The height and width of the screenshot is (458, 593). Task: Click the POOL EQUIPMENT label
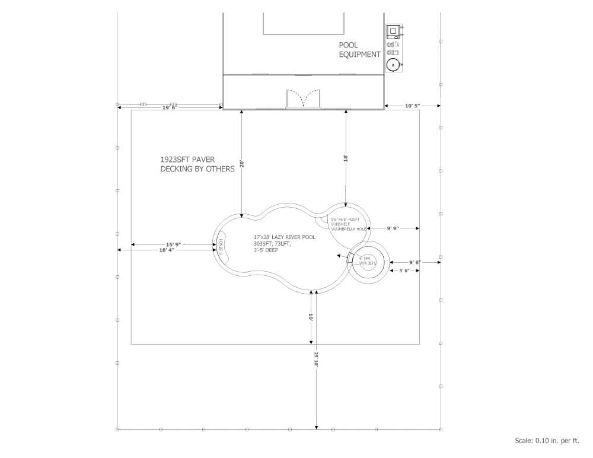point(359,50)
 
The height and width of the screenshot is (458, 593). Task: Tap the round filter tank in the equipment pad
point(393,65)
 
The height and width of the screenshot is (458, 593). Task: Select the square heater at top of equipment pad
point(393,31)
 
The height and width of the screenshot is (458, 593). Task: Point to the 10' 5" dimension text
point(412,106)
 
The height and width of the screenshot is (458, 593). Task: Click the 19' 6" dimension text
point(170,107)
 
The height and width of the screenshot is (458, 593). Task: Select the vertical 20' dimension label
point(241,163)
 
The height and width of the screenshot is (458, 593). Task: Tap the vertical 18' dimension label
point(345,158)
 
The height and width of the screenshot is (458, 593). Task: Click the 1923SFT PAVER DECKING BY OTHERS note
point(197,164)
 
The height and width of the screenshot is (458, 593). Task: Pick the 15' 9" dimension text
point(173,244)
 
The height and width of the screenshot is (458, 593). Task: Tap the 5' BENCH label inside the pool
point(221,245)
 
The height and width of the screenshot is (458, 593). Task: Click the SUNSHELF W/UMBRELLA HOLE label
point(349,224)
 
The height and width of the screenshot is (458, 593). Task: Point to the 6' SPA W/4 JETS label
point(367,261)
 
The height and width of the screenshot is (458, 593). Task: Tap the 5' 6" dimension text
point(403,271)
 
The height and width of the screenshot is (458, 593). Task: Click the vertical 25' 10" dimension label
point(316,360)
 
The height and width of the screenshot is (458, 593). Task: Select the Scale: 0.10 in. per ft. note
point(546,440)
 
